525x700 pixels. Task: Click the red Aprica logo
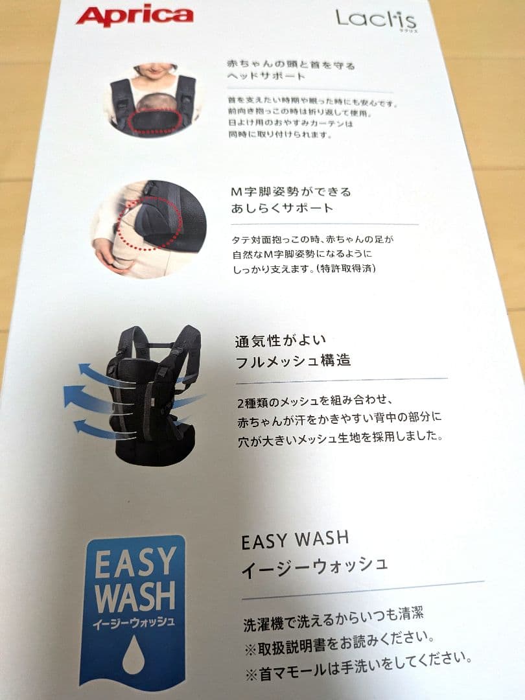pyautogui.click(x=135, y=16)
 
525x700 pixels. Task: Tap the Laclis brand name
pyautogui.click(x=376, y=19)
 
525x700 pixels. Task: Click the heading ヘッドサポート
pyautogui.click(x=266, y=76)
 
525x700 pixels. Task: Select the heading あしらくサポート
pyautogui.click(x=282, y=208)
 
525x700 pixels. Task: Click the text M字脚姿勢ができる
pyautogui.click(x=291, y=192)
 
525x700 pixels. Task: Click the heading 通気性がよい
pyautogui.click(x=281, y=342)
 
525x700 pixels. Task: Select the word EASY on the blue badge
pyautogui.click(x=135, y=563)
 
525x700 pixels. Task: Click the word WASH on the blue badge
pyautogui.click(x=135, y=598)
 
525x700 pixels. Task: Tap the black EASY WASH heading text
pyautogui.click(x=295, y=540)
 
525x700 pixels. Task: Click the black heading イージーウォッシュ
pyautogui.click(x=314, y=567)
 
